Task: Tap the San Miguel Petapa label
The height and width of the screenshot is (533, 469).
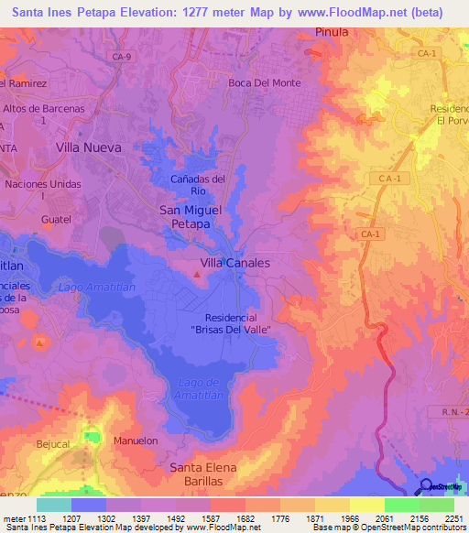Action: pyautogui.click(x=191, y=216)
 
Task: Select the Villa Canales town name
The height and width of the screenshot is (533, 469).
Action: pyautogui.click(x=234, y=262)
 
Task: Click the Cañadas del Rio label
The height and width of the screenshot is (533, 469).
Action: pyautogui.click(x=198, y=185)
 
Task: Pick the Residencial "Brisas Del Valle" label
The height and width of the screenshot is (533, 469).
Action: pyautogui.click(x=234, y=322)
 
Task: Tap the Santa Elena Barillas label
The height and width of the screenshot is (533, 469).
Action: pyautogui.click(x=203, y=473)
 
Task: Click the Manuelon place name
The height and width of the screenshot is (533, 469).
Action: pyautogui.click(x=136, y=441)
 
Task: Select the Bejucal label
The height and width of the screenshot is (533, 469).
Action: pyautogui.click(x=53, y=444)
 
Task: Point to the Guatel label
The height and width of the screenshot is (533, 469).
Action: pyautogui.click(x=56, y=220)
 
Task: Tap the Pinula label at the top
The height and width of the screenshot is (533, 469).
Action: pyautogui.click(x=333, y=31)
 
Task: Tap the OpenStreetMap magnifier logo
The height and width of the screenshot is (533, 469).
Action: pyautogui.click(x=427, y=487)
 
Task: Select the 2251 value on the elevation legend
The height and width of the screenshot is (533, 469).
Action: pyautogui.click(x=455, y=517)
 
